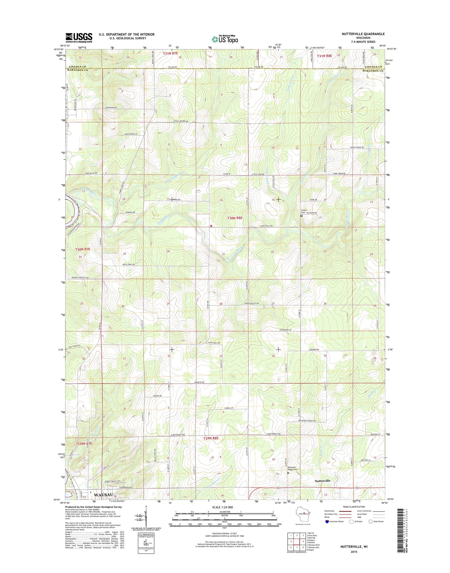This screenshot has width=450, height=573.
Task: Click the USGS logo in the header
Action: point(79,38)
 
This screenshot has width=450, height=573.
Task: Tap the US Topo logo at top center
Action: point(225,39)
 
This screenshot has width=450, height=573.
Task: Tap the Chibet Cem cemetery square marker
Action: point(301,215)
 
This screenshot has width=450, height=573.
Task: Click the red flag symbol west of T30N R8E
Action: point(211,226)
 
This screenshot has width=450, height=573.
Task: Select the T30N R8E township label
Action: point(235,218)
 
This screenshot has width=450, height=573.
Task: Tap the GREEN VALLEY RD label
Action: point(251,304)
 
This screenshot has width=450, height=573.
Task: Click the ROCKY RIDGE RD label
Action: point(357,147)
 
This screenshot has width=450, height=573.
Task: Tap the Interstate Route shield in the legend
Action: point(327,530)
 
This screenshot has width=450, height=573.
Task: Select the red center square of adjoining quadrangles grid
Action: point(296,542)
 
